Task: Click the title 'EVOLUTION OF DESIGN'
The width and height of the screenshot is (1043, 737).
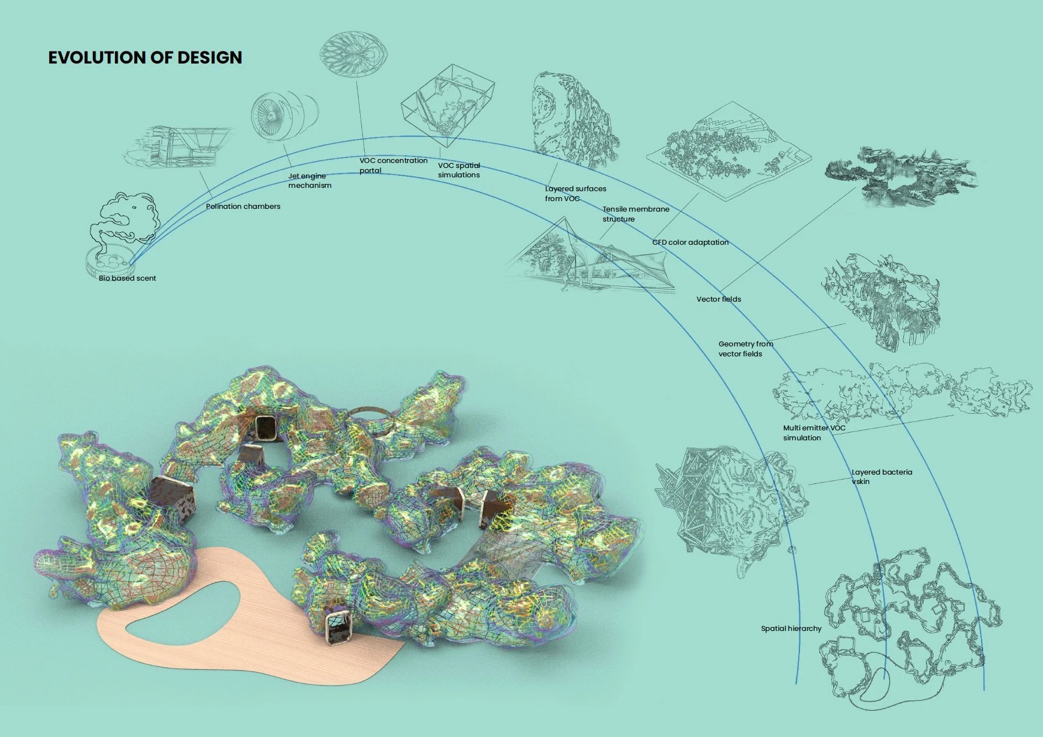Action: point(145,57)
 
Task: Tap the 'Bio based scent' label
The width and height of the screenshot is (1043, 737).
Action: point(128,278)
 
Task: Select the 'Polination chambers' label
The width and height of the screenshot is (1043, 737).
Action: point(243,207)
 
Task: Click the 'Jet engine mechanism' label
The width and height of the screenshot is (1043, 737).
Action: point(309,181)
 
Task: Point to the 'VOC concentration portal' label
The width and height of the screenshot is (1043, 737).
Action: point(393,165)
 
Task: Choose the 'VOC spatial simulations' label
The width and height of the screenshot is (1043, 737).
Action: point(459,170)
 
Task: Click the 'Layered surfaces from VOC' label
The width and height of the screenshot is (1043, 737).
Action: point(575,193)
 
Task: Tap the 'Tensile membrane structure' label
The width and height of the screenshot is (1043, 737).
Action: point(635,214)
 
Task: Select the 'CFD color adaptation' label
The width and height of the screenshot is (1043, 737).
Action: point(690,243)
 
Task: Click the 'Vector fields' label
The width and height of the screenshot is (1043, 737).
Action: point(718,299)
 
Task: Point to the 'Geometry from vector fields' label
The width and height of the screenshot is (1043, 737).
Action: point(745,349)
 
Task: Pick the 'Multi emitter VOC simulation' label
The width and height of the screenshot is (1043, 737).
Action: point(814,433)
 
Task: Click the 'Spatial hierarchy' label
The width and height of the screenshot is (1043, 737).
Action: point(791,629)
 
